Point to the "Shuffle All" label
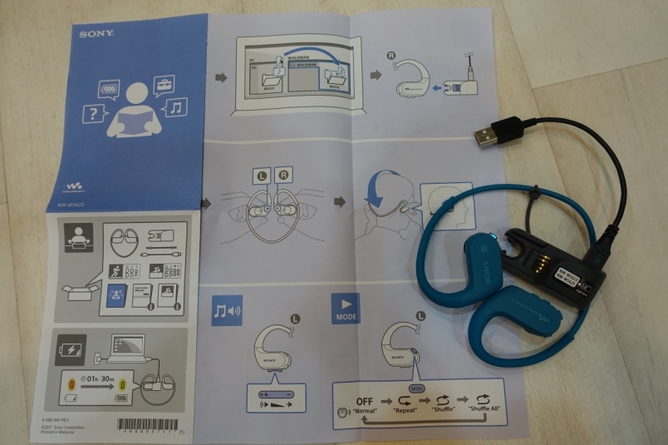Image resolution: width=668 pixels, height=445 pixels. (485, 410)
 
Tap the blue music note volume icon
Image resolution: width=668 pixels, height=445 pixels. (227, 310)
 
